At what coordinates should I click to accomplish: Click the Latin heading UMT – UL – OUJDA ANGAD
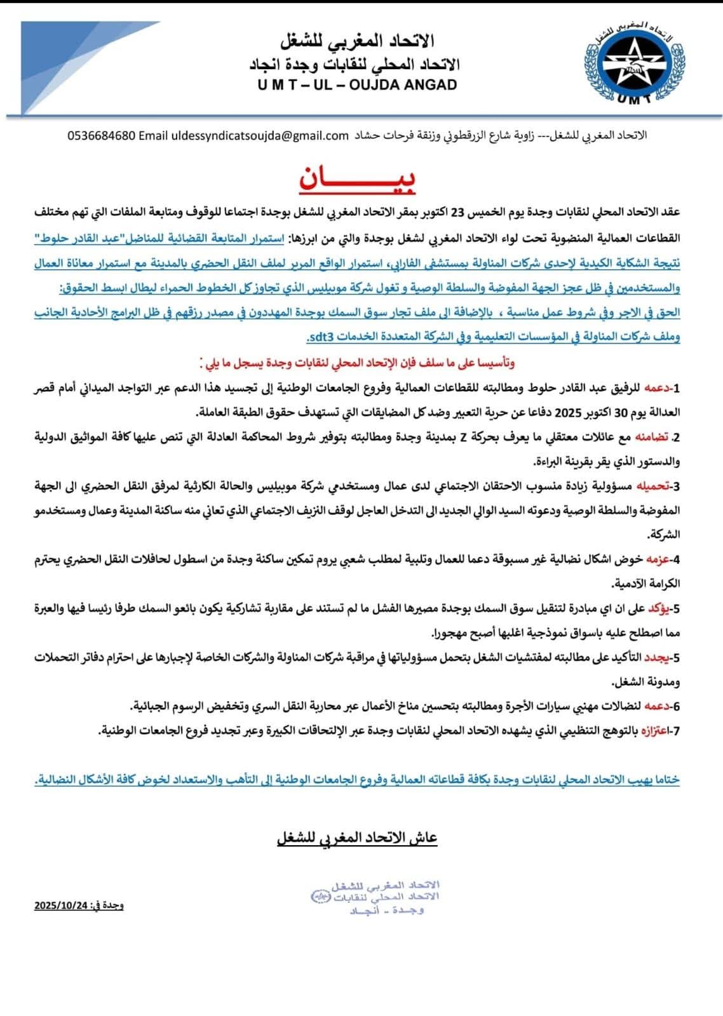click(358, 84)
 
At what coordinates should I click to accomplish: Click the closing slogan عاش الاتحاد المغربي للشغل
click(357, 838)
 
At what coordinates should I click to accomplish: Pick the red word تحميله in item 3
click(652, 486)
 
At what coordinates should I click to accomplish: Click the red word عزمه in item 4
click(658, 559)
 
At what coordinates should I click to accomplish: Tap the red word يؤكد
click(658, 608)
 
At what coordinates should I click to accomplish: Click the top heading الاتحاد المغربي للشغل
click(357, 43)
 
